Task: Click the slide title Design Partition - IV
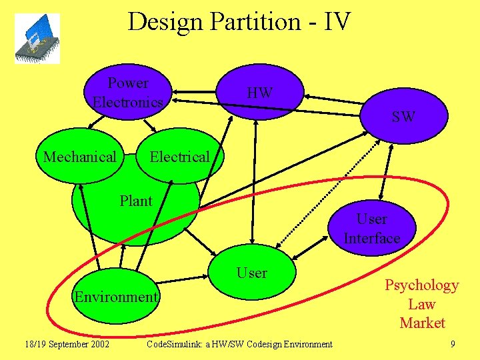coord(239,21)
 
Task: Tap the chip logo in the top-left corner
coord(37,39)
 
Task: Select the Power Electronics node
coord(128,93)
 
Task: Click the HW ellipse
coord(259,93)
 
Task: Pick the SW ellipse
coord(403,117)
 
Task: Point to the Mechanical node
coord(79,157)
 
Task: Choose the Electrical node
coord(179,157)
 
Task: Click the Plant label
coord(136,201)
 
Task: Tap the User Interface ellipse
coord(371,229)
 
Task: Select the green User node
coord(252,273)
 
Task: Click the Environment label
coord(116,297)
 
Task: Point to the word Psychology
coord(421,285)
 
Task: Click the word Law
coord(421,304)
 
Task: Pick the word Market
coord(421,323)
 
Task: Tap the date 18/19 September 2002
coord(67,344)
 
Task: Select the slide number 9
coord(453,344)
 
